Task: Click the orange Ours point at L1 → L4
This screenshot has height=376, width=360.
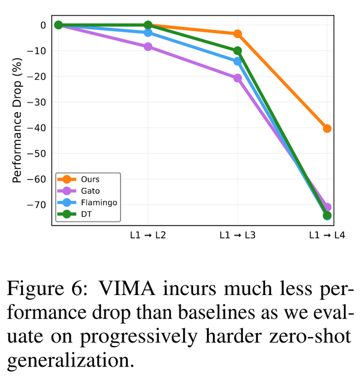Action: (x=327, y=128)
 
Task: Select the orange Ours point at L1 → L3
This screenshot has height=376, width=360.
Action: (x=238, y=34)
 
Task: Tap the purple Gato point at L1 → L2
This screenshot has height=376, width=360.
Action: (x=148, y=47)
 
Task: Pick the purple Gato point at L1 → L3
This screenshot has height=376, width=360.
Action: (x=238, y=78)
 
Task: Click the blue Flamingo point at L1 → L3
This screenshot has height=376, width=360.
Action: (x=238, y=61)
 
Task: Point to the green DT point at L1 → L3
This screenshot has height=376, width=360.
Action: (x=238, y=51)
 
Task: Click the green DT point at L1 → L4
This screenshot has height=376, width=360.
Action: (x=327, y=215)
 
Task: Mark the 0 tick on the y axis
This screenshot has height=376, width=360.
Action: (x=43, y=25)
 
